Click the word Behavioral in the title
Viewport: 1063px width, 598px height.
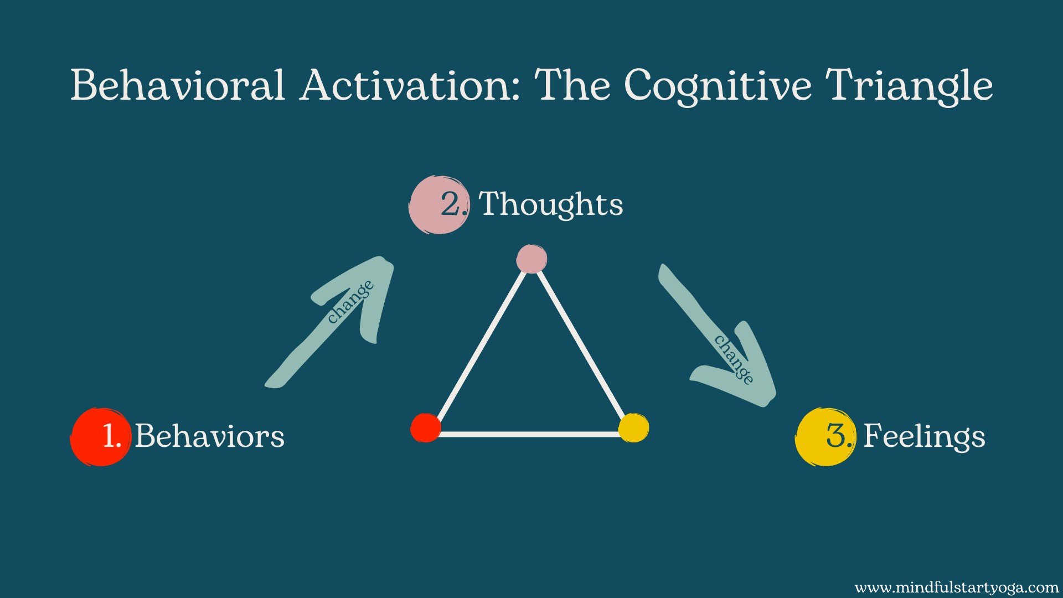click(x=177, y=85)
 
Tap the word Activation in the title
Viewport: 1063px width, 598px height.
click(x=410, y=85)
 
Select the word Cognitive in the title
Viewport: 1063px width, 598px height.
click(x=718, y=87)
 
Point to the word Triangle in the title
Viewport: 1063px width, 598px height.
click(x=909, y=87)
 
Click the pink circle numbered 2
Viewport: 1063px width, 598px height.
click(x=439, y=205)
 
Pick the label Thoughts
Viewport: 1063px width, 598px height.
click(x=551, y=204)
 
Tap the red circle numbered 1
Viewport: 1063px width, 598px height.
click(x=101, y=437)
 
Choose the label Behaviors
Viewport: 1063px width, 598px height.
click(x=210, y=436)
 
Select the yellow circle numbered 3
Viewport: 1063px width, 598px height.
click(x=825, y=437)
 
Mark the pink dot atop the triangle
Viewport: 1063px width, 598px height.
click(x=531, y=259)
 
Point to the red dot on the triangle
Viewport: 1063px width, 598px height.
click(x=426, y=428)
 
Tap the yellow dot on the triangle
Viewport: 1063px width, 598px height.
click(x=633, y=428)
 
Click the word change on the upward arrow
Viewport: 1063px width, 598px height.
click(x=350, y=302)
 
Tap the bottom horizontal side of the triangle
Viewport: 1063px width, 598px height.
click(x=530, y=435)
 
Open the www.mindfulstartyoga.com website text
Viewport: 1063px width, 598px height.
click(x=957, y=587)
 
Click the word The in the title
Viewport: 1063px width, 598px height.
click(x=572, y=85)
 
